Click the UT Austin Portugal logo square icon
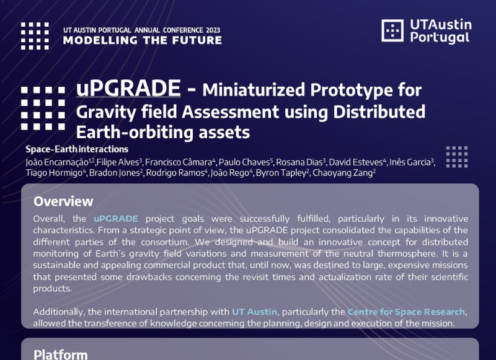(x=392, y=30)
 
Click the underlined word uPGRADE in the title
(x=128, y=88)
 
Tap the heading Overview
(x=63, y=201)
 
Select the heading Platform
(x=60, y=354)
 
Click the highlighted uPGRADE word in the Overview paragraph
(x=116, y=218)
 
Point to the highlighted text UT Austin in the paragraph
(x=254, y=312)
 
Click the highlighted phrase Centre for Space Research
(x=406, y=312)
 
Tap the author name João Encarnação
(x=57, y=162)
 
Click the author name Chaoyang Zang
(x=343, y=173)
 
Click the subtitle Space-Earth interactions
(x=77, y=149)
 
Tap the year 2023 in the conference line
(x=213, y=30)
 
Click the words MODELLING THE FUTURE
(x=143, y=40)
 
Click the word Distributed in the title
(x=379, y=112)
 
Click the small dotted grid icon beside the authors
(x=457, y=157)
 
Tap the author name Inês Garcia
(x=410, y=162)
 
